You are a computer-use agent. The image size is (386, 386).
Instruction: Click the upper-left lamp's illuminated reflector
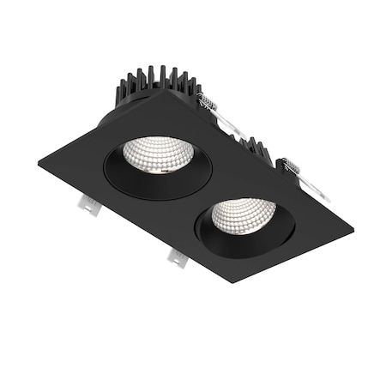tap(159, 153)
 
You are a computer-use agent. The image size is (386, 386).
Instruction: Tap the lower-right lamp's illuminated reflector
tap(244, 214)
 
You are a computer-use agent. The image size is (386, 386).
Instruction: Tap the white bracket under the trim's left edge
tap(88, 203)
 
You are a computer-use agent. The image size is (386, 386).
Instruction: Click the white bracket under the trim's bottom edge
tap(175, 256)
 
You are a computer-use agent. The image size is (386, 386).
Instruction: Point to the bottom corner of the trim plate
tap(232, 282)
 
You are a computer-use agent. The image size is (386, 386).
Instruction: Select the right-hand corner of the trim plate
tap(353, 226)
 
